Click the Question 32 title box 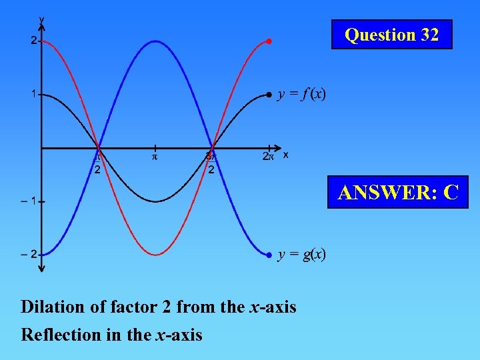point(391,35)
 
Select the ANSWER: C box point(398,192)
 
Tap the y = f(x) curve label point(302,94)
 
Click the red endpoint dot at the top point(269,41)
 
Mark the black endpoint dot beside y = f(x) point(269,95)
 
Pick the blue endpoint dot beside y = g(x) point(269,255)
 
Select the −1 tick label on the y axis point(29,201)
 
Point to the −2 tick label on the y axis point(29,254)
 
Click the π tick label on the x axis point(155,157)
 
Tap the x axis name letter point(285,155)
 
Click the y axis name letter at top point(42,19)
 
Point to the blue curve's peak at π point(155,41)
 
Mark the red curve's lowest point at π point(155,255)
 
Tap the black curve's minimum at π point(155,201)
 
